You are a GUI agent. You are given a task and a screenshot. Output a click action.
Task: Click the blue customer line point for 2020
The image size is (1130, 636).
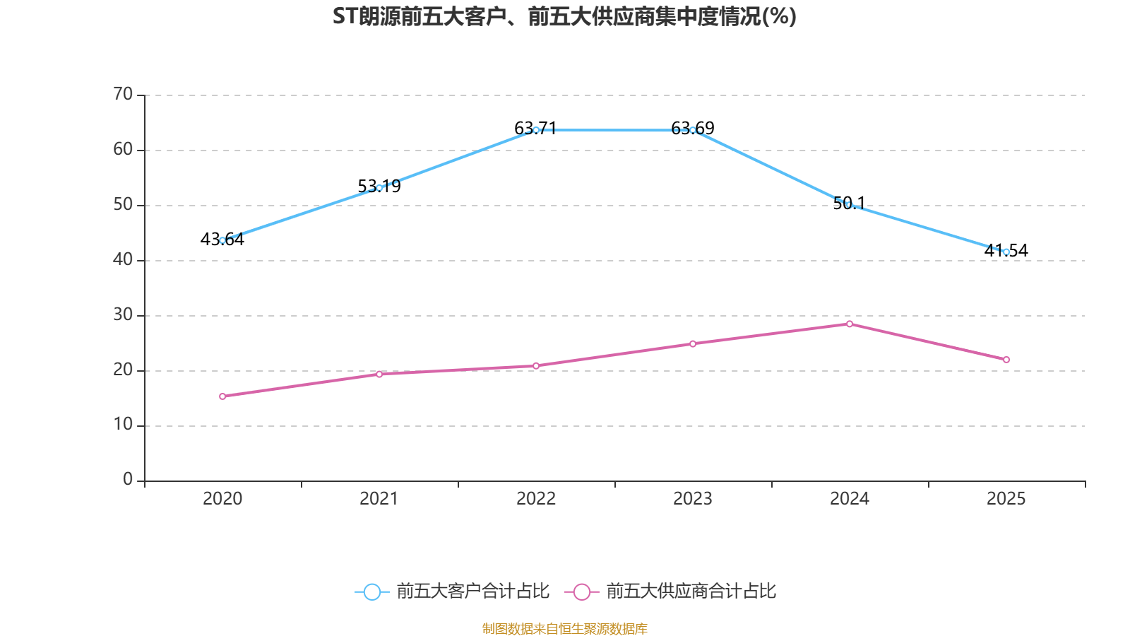pos(222,240)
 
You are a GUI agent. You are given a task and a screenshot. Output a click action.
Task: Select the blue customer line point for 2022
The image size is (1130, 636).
pos(536,130)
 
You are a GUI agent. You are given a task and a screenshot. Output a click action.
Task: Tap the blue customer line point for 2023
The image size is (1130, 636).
pos(693,130)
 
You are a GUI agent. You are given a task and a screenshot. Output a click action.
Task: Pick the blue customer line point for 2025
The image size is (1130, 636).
pos(1006,252)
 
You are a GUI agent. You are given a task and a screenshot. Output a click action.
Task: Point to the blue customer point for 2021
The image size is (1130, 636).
pos(379,187)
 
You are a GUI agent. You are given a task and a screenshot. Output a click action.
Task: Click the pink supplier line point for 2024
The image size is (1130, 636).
pos(850,324)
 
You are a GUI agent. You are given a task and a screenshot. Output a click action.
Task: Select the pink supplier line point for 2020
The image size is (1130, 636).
pos(222,396)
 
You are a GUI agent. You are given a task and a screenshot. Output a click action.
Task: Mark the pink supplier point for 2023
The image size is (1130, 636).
pos(693,344)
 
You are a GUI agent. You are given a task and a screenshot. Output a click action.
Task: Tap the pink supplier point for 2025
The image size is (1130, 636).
pos(1006,360)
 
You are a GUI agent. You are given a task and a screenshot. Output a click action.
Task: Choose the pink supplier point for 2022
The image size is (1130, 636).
pos(536,366)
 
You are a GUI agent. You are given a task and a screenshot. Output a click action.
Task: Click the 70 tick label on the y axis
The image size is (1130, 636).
pos(123,94)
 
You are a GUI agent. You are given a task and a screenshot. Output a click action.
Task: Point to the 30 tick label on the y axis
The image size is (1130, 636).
pos(123,314)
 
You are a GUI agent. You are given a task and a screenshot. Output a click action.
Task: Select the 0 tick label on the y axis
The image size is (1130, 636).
pos(128,479)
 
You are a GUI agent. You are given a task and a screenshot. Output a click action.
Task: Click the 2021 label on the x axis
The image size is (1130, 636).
pos(379,499)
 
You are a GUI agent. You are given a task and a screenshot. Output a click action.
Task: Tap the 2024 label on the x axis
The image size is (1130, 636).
pos(850,499)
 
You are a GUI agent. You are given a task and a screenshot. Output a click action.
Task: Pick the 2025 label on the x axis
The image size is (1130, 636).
pos(1006,499)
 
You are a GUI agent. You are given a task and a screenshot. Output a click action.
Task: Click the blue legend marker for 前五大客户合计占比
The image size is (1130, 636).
pos(371,591)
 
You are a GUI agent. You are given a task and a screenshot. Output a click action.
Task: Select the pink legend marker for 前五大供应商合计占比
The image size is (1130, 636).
pos(581,591)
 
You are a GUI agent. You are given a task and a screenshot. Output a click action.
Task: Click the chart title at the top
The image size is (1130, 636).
pos(564,16)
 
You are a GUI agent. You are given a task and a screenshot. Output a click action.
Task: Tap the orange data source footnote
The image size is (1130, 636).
pos(564,628)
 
